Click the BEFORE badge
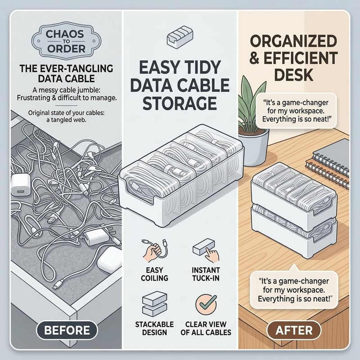67,330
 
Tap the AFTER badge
294,330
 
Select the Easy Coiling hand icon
155,251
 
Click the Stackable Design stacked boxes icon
154,305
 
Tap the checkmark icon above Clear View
206,305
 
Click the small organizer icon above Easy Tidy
180,37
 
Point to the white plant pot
254,147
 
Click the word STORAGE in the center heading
180,103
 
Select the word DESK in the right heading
294,75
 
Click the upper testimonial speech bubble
296,111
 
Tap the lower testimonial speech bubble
294,290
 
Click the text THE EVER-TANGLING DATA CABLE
66,73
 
